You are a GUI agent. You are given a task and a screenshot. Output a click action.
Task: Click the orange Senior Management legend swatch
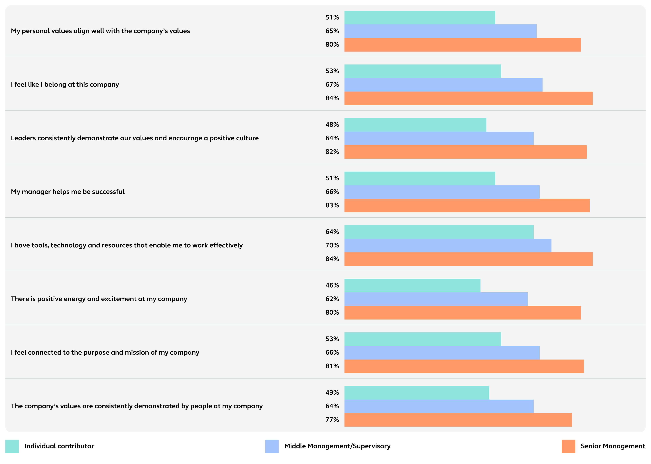pos(568,446)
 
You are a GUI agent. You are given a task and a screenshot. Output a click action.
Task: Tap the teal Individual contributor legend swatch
pos(12,446)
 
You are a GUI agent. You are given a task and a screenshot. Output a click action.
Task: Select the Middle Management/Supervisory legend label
pos(337,446)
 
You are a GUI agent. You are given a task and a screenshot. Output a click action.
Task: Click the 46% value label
pos(332,285)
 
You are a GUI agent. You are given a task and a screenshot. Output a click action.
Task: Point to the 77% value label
pos(332,419)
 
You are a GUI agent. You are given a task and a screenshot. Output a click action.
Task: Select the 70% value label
pos(332,245)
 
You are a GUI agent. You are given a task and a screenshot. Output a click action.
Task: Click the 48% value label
pos(332,125)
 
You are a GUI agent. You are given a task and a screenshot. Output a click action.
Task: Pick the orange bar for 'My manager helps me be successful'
pos(467,205)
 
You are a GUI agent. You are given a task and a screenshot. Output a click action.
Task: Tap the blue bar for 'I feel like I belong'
pos(443,85)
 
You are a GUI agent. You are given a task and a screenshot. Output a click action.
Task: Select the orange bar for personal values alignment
pos(462,45)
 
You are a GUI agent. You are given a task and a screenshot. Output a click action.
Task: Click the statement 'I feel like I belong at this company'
pos(65,85)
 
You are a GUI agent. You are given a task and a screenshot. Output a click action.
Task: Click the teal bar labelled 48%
pos(415,125)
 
